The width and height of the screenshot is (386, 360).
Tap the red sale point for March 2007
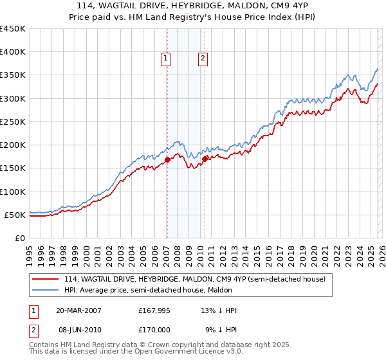click(167, 159)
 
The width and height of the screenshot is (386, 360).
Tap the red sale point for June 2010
click(205, 158)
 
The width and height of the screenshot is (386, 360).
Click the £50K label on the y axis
click(15, 215)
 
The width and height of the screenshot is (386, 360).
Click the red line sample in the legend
click(46, 279)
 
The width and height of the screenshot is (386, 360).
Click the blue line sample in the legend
click(46, 290)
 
